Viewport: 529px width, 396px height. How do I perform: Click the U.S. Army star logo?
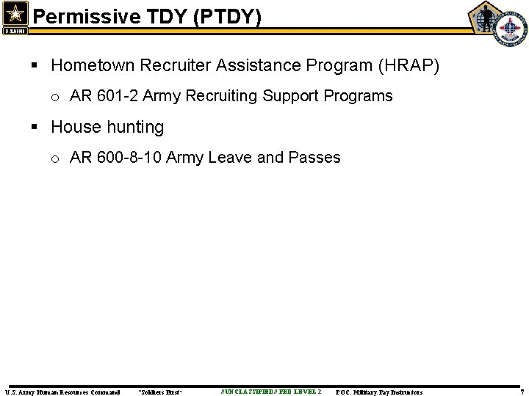[14, 17]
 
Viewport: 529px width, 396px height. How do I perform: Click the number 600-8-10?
[128, 157]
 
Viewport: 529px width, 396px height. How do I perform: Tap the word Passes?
[316, 157]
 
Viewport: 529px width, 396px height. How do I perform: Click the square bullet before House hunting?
[37, 127]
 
